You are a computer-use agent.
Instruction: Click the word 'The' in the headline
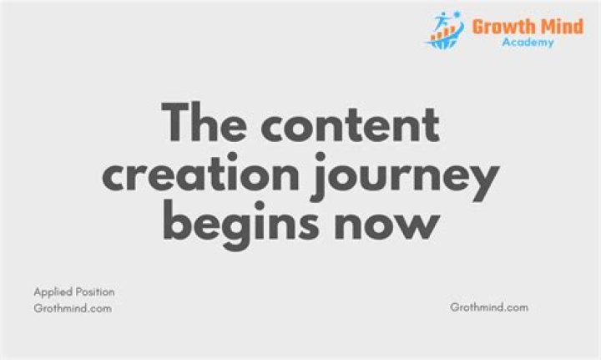coord(204,122)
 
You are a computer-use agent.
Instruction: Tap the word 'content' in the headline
coord(350,124)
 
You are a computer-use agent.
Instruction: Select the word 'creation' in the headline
coord(200,173)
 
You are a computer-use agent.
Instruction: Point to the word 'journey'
coord(407,177)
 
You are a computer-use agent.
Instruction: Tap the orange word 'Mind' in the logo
coord(562,27)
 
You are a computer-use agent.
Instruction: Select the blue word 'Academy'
coord(528,42)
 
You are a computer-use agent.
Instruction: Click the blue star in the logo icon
coord(457,14)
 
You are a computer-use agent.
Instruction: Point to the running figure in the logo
coord(442,21)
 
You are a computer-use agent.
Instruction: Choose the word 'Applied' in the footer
coord(53,292)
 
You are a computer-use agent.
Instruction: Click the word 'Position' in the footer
coord(95,292)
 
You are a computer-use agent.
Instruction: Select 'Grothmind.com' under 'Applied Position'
coord(73,308)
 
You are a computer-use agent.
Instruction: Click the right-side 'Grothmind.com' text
coord(489,307)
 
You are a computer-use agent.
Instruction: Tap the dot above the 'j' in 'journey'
coord(321,157)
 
